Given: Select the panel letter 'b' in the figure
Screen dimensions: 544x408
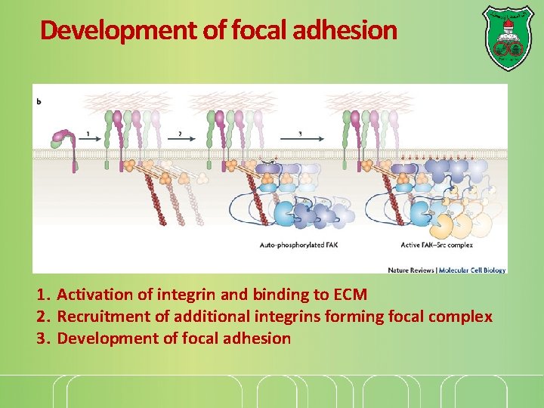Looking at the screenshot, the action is [x=39, y=100].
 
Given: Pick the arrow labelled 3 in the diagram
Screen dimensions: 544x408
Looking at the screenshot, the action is [x=302, y=138].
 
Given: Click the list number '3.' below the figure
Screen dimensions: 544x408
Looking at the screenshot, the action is [x=44, y=338].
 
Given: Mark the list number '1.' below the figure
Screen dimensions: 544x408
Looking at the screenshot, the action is [x=44, y=294].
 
